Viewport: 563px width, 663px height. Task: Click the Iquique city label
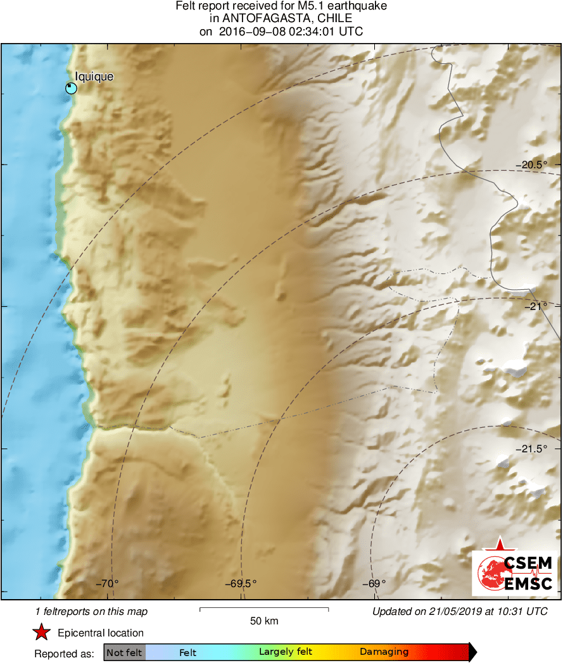coord(94,77)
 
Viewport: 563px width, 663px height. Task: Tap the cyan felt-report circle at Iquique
coord(71,88)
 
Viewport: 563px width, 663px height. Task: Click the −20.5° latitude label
coord(531,164)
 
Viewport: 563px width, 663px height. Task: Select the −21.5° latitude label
coord(531,449)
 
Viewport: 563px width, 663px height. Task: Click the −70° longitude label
coord(108,583)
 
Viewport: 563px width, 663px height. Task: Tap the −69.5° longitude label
coord(241,583)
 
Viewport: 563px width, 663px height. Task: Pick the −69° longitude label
coord(375,583)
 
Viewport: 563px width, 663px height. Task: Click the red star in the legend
coord(42,632)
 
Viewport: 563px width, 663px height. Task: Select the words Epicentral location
coord(101,633)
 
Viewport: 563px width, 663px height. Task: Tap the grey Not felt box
coord(124,652)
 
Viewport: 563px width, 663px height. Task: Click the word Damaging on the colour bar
coord(384,652)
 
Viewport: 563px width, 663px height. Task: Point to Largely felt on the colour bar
coord(283,652)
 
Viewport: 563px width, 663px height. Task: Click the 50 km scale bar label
coord(264,621)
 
